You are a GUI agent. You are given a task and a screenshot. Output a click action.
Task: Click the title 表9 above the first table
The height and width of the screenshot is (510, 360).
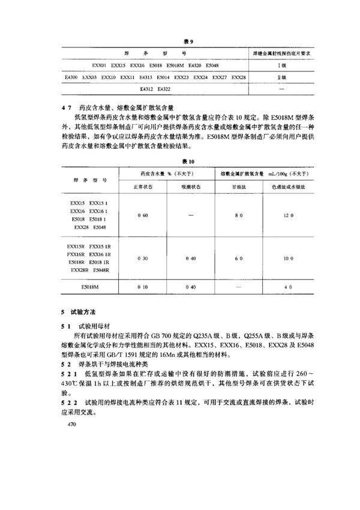187,41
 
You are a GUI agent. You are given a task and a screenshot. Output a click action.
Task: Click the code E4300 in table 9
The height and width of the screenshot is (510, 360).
72,77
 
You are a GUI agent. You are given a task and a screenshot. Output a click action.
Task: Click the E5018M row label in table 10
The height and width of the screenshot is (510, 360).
91,287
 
